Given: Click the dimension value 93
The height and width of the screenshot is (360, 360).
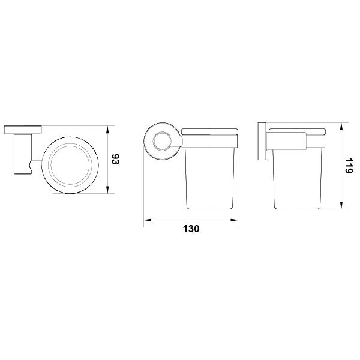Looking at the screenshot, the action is pyautogui.click(x=116, y=160).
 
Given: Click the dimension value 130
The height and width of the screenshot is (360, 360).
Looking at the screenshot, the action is pyautogui.click(x=191, y=229).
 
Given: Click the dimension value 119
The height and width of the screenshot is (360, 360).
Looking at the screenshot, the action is pyautogui.click(x=349, y=166).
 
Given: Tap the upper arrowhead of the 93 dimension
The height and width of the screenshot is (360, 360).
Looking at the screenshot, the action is pyautogui.click(x=107, y=130).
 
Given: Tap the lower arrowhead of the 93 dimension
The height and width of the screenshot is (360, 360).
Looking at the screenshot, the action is pyautogui.click(x=107, y=190).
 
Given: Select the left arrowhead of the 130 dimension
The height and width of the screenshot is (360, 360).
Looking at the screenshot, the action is pyautogui.click(x=148, y=220).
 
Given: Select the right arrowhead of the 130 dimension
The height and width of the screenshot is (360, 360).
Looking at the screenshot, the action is pyautogui.click(x=234, y=220).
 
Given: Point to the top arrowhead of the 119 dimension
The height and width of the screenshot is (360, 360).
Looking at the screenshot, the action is pyautogui.click(x=341, y=127).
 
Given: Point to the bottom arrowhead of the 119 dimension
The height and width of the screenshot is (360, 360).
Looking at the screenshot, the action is pyautogui.click(x=341, y=205).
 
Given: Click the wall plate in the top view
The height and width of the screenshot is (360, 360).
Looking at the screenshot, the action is pyautogui.click(x=23, y=130).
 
